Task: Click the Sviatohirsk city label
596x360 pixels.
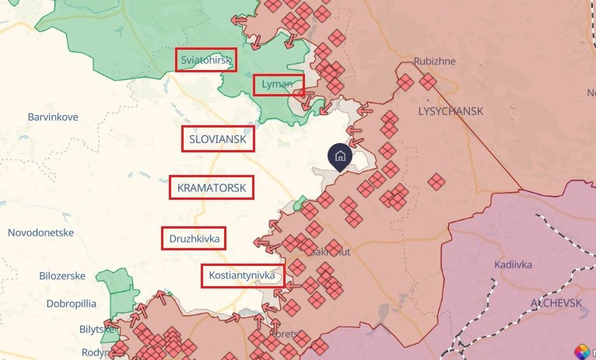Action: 206,60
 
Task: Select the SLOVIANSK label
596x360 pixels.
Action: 218,139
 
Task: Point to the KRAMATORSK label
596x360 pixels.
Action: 211,187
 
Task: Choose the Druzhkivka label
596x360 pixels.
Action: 194,238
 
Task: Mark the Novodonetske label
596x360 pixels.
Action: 40,232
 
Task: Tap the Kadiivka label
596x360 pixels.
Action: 513,264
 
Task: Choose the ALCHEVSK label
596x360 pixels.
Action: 556,302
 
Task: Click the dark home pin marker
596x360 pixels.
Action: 339,156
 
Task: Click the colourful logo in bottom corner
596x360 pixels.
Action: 582,351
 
